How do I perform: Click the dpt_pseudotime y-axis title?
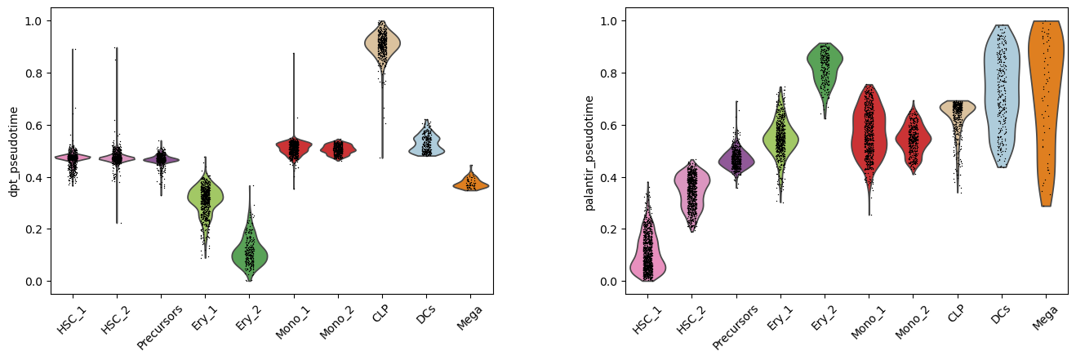13,152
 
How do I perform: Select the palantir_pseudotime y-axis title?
589,153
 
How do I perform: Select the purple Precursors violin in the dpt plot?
161,159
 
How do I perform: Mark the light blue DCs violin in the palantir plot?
1002,96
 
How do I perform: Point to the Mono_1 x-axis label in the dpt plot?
292,322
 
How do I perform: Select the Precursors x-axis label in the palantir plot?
735,327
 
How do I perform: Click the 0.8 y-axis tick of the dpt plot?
34,73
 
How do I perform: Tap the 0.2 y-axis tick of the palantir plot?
609,229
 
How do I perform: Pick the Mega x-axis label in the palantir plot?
1045,318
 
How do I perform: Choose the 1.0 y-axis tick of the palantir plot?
609,21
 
